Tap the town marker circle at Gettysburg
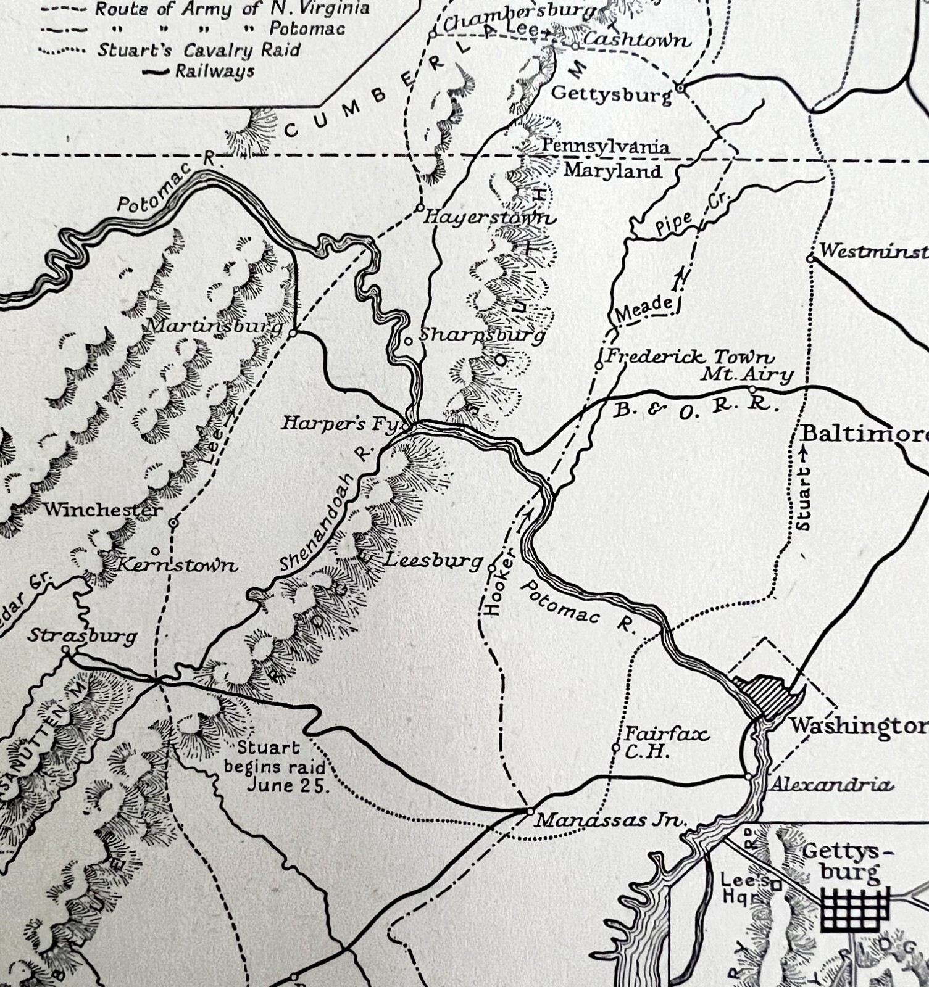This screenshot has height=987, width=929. (680, 89)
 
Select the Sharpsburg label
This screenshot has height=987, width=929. (482, 335)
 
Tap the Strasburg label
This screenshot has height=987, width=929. (82, 635)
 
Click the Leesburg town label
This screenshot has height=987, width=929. (434, 561)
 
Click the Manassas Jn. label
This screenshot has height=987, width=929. (611, 820)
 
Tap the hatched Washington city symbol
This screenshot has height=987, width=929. (769, 695)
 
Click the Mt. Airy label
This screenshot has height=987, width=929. (747, 374)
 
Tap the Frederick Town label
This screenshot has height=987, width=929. (689, 356)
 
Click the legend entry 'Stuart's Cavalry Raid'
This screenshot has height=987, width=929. (198, 49)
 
